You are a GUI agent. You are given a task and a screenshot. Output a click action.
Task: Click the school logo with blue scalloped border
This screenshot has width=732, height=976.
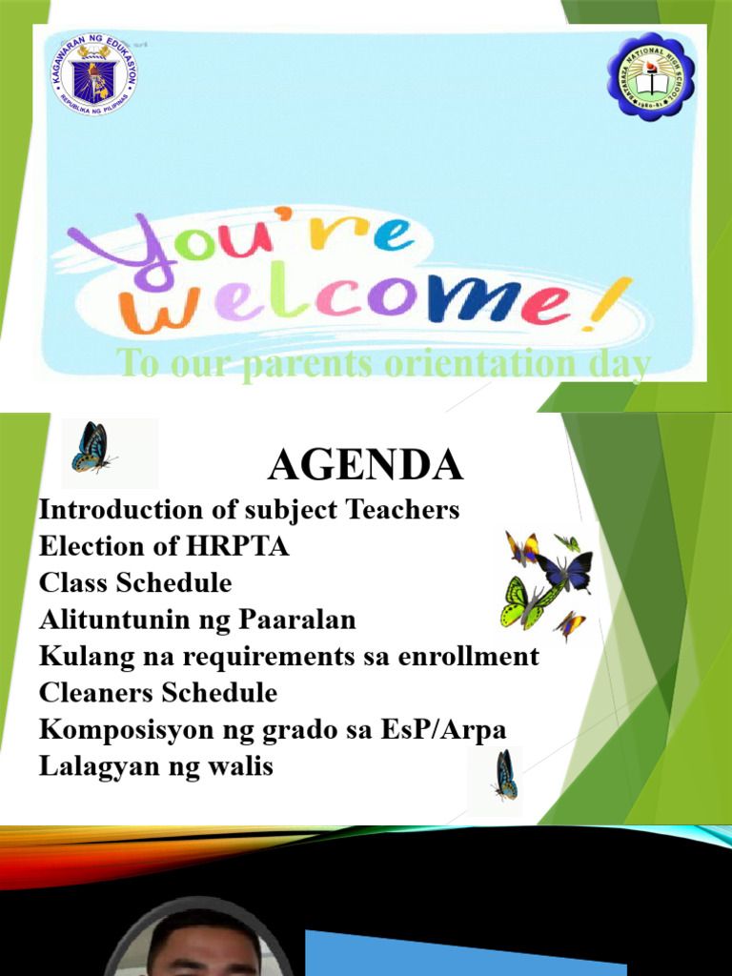click(651, 76)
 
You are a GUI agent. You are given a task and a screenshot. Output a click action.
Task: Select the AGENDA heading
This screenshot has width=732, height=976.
click(365, 465)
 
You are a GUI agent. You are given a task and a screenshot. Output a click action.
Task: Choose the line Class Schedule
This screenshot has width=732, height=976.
click(135, 583)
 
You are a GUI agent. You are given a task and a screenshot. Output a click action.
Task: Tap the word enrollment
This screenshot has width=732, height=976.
click(467, 657)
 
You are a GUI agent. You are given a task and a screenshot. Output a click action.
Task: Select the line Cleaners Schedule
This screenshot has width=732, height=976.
click(158, 693)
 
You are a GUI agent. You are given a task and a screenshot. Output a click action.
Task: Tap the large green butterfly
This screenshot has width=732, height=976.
click(525, 601)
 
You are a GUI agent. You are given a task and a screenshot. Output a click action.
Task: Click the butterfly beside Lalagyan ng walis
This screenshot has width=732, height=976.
click(504, 774)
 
